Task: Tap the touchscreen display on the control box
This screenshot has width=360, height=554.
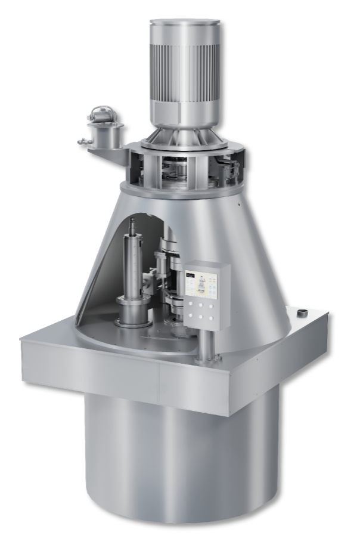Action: click(x=201, y=284)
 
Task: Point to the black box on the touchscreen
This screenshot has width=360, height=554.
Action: click(x=190, y=275)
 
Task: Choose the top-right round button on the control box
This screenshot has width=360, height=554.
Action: click(x=211, y=306)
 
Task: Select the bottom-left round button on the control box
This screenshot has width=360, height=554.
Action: click(x=191, y=315)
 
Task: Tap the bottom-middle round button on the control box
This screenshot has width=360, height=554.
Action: click(x=201, y=317)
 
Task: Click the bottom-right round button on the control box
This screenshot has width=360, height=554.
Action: click(x=211, y=318)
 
